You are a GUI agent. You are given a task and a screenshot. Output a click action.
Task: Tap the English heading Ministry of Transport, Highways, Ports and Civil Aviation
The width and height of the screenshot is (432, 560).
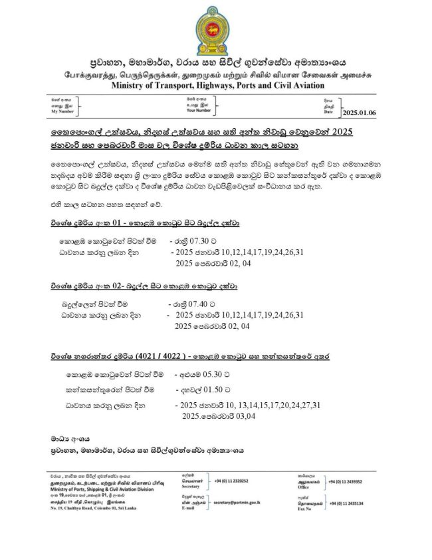click(218, 85)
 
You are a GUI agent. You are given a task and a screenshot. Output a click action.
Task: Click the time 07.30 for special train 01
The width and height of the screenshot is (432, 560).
click(199, 242)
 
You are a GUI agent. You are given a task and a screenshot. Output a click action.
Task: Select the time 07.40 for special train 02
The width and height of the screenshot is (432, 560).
click(199, 303)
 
